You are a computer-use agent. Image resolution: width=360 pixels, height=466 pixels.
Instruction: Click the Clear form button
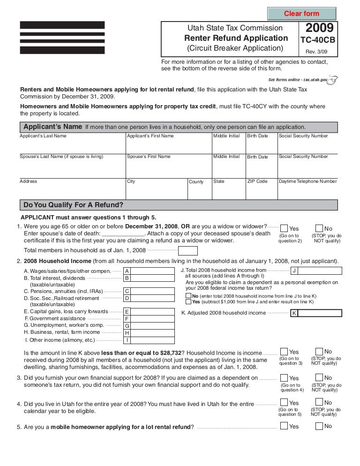(301, 13)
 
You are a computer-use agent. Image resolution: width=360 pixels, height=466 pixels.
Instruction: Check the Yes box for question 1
(284, 228)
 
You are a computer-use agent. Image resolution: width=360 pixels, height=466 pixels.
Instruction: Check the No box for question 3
(319, 377)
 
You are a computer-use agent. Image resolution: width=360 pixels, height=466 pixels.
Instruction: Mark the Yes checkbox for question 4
(284, 403)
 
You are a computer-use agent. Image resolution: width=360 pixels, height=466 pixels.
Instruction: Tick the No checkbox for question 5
(319, 426)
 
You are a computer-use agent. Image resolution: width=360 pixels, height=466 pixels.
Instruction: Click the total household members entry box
(188, 250)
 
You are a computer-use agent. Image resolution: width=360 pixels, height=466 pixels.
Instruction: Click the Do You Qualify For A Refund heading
(73, 204)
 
